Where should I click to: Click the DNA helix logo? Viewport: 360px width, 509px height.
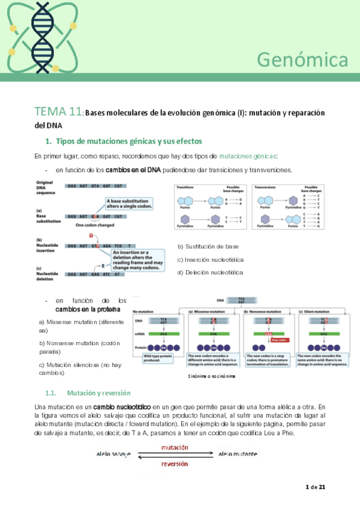click(x=41, y=35)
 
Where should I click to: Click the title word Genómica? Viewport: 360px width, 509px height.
click(x=302, y=59)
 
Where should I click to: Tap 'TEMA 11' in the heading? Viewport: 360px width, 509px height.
click(x=58, y=112)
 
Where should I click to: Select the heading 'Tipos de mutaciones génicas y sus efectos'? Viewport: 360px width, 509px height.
click(x=128, y=142)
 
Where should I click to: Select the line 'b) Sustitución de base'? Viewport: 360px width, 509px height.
click(x=208, y=247)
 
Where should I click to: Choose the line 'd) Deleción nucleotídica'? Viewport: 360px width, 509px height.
click(x=211, y=273)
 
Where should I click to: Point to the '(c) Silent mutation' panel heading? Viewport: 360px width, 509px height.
click(x=316, y=312)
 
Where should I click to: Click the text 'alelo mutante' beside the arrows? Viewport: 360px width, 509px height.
click(x=238, y=454)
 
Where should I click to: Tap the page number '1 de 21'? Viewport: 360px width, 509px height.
click(x=315, y=487)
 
